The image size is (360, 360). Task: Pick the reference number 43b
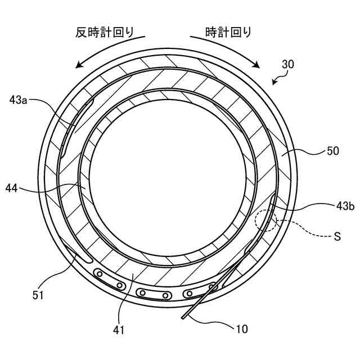(345, 206)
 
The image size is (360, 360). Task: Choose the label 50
(334, 151)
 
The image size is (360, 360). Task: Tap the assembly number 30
(287, 65)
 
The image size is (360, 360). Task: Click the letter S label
(337, 237)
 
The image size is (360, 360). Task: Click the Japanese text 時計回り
(228, 32)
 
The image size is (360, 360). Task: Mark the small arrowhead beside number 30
(274, 83)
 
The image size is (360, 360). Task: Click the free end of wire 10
(182, 319)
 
